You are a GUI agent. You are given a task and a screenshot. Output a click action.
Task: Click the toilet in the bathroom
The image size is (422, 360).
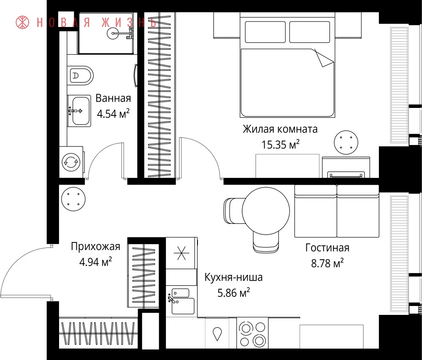tap(80, 75)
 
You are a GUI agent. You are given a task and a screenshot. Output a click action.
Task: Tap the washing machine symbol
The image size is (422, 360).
tap(71, 162)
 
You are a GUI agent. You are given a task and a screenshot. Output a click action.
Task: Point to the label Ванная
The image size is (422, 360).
tap(113, 98)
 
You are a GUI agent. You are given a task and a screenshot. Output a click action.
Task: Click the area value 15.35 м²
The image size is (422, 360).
tap(281, 144)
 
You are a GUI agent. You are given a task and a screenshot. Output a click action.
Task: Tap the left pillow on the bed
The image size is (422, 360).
tap(265, 32)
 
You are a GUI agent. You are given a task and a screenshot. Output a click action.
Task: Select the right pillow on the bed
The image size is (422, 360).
tap(309, 32)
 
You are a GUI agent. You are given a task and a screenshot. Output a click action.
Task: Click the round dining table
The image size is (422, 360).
tap(266, 211)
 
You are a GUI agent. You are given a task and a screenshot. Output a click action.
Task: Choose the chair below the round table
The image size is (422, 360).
tap(265, 242)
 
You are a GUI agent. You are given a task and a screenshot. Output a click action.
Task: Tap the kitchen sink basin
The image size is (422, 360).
tap(183, 306)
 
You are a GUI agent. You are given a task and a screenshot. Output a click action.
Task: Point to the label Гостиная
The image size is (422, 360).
tap(327, 247)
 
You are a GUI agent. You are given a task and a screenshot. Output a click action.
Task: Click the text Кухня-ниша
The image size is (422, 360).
tap(233, 277)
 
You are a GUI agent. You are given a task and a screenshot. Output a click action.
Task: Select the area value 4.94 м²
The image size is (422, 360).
tap(95, 262)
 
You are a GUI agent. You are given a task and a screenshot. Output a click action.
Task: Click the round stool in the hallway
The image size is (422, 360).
tap(73, 199)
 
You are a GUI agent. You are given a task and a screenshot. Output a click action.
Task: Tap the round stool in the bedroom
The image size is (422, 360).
tap(346, 142)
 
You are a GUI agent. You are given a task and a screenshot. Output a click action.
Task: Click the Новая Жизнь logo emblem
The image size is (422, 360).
tap(22, 22)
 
